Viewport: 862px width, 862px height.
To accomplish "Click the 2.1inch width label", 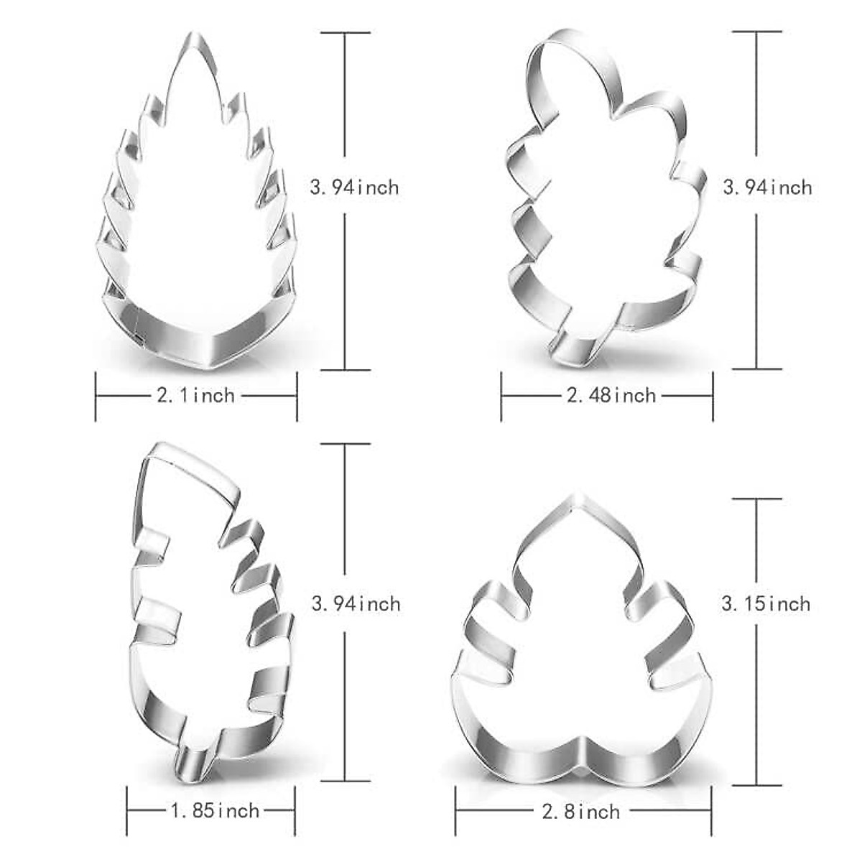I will [195, 395].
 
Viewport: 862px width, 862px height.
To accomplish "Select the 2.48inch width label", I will [611, 395].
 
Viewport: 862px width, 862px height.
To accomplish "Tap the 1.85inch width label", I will [214, 811].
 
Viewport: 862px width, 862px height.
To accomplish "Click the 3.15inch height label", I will [766, 603].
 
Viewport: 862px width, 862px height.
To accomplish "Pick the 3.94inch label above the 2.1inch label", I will [354, 187].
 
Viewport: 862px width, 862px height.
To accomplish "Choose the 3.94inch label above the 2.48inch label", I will [767, 187].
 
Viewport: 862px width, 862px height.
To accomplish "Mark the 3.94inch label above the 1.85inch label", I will [356, 603].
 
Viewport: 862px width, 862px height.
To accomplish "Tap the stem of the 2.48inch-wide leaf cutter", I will [573, 345].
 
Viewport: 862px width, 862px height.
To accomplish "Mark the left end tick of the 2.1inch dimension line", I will [96, 395].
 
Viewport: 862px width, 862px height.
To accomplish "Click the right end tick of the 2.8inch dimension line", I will [711, 812].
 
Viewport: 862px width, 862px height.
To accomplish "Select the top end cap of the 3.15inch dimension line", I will [757, 499].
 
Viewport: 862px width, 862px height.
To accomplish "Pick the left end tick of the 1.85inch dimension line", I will [127, 811].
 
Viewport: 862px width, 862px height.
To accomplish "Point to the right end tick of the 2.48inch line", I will [713, 395].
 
